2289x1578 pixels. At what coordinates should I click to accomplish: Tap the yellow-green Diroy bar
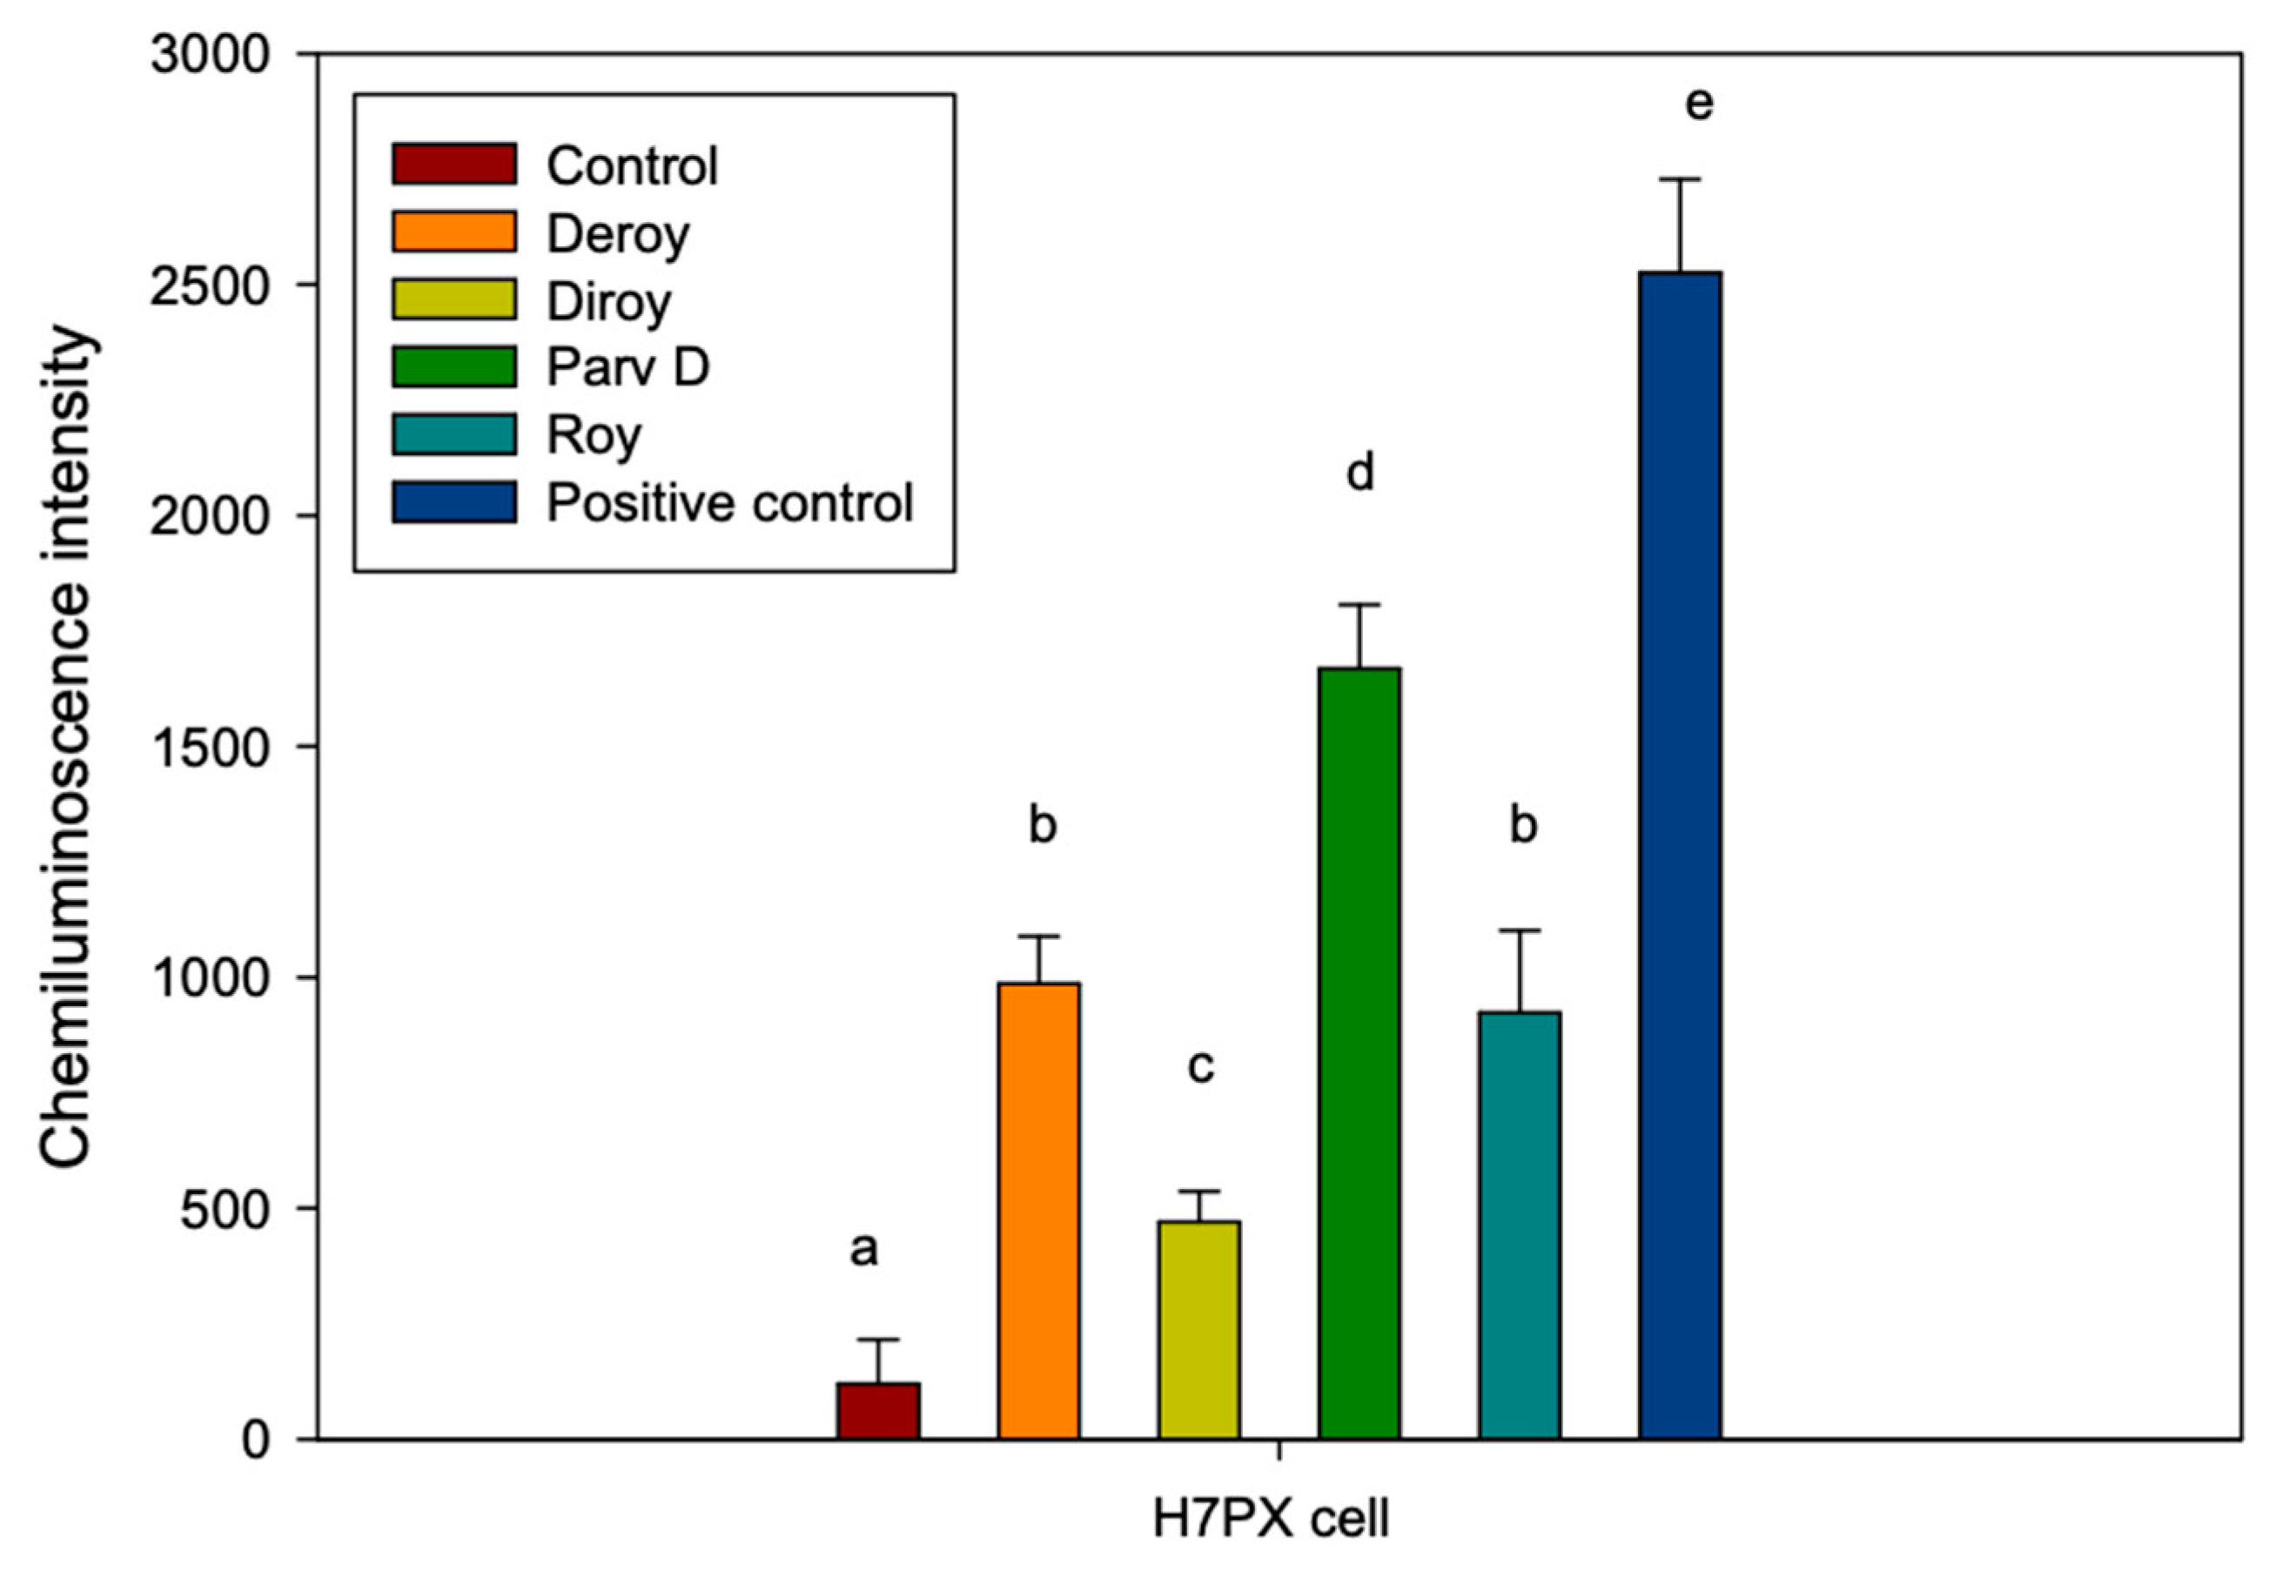point(1198,1330)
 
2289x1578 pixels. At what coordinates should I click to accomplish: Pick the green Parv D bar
point(1359,1053)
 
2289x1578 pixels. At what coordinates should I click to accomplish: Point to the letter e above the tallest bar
point(1699,104)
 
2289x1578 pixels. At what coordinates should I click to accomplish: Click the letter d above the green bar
point(1360,473)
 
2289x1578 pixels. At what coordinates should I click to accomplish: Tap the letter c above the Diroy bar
point(1199,1066)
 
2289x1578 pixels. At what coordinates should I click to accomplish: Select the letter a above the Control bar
point(863,1249)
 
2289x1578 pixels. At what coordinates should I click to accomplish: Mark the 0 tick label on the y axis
point(255,1440)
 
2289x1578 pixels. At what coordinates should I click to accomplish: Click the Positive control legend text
point(729,502)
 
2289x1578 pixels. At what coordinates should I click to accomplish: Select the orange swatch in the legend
point(453,232)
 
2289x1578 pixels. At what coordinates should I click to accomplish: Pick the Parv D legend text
point(628,366)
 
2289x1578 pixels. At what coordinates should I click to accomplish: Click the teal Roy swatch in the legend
point(453,435)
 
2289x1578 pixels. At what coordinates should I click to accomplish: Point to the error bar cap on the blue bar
point(1680,179)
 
